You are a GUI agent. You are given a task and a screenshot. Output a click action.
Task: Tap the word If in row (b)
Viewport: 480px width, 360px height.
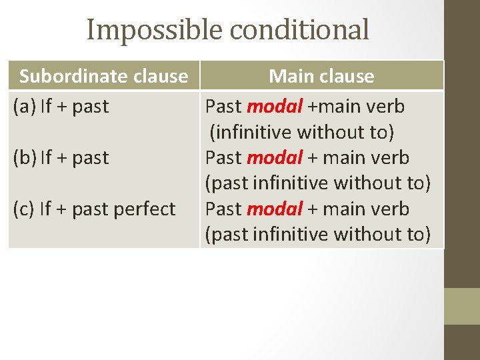point(46,158)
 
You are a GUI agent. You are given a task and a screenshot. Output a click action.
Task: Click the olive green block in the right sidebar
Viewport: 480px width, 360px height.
point(461,306)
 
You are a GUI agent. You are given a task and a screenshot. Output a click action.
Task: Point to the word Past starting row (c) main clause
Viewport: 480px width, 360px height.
point(223,209)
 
